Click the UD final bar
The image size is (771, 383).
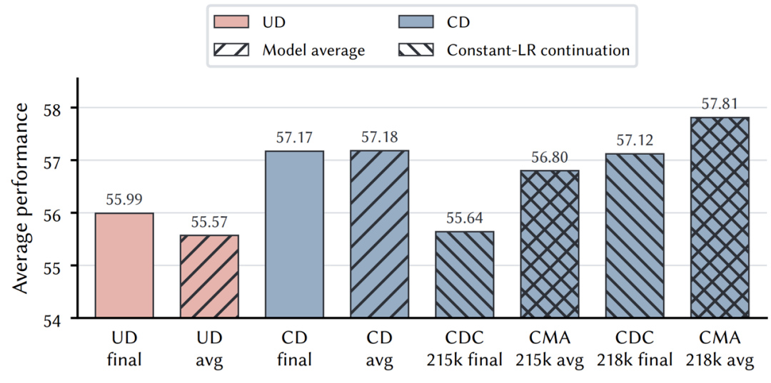(x=124, y=265)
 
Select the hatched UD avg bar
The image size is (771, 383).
(x=209, y=277)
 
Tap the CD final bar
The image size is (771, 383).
(x=295, y=234)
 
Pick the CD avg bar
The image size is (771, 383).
(x=380, y=234)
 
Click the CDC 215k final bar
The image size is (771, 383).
(x=465, y=275)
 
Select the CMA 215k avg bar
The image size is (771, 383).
(x=550, y=244)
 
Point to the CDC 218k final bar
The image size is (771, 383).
(x=635, y=235)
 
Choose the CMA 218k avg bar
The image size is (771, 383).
(x=720, y=218)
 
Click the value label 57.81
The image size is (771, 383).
(x=720, y=105)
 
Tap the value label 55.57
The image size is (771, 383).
(x=209, y=223)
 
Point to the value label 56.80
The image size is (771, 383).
(x=550, y=158)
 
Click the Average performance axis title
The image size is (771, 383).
(x=21, y=198)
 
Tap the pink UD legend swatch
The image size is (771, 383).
(x=231, y=22)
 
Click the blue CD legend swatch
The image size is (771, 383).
(x=416, y=22)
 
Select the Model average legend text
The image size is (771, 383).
(x=313, y=50)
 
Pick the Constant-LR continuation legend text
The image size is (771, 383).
(x=538, y=50)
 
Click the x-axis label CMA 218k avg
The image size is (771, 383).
(x=720, y=349)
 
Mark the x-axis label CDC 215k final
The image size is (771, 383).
(x=465, y=349)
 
